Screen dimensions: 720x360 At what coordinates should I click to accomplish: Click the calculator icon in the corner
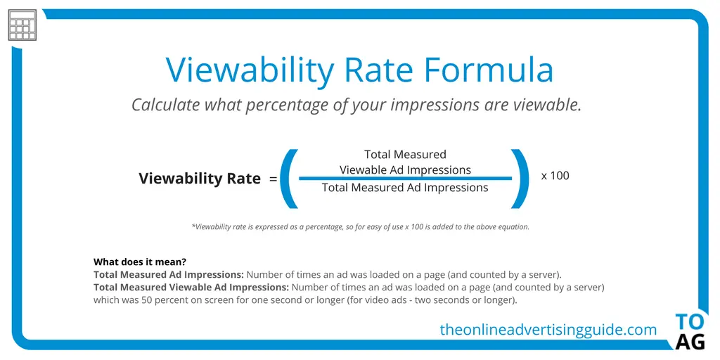[x=22, y=25]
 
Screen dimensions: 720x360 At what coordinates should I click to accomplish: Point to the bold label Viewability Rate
[x=200, y=178]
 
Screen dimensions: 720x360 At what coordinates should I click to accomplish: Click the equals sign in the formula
[x=274, y=179]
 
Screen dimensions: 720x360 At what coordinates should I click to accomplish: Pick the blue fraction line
[x=406, y=178]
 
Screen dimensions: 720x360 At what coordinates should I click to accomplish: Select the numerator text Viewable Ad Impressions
[x=406, y=170]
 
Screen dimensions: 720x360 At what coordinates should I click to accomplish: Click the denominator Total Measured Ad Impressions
[x=405, y=187]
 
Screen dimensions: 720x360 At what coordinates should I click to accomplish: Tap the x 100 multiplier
[x=555, y=175]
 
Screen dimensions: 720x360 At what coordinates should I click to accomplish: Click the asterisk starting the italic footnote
[x=193, y=226]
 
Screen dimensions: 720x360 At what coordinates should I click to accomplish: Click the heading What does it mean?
[x=140, y=262]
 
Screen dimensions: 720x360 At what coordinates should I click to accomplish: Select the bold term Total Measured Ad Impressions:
[x=169, y=275]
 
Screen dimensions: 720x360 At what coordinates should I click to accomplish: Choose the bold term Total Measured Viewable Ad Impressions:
[x=191, y=288]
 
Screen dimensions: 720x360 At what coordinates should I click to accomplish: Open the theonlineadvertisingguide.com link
[x=548, y=330]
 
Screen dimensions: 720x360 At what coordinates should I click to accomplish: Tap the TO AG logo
[x=690, y=332]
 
